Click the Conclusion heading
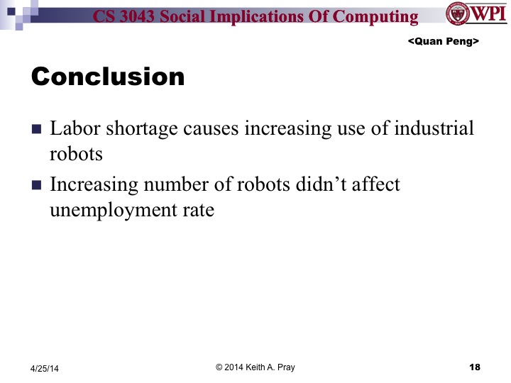tap(108, 77)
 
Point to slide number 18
tap(475, 367)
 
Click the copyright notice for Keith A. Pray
tap(255, 367)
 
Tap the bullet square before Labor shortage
tap(37, 131)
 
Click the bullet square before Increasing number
tap(37, 186)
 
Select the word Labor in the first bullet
tap(70, 129)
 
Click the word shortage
tap(126, 130)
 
